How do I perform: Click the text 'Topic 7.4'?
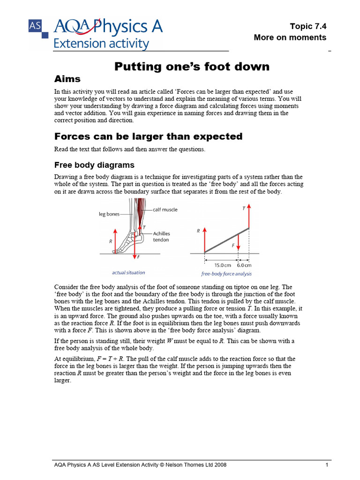308,26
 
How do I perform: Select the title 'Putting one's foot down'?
192,67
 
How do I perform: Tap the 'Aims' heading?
67,79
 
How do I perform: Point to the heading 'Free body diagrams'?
94,165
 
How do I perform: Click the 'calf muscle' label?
165,210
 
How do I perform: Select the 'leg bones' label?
109,214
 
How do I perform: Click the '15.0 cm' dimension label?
223,265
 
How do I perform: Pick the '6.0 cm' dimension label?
245,265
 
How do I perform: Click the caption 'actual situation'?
128,272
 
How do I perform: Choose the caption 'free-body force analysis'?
226,273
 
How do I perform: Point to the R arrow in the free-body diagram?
204,239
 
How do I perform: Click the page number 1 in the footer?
326,465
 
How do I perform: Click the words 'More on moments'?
290,37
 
